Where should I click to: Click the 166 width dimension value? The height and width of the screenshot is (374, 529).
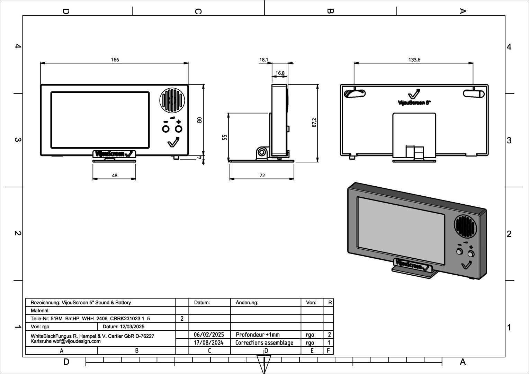pyautogui.click(x=115, y=60)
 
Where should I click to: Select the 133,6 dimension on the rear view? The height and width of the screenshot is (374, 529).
pyautogui.click(x=414, y=60)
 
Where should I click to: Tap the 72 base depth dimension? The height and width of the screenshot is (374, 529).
pyautogui.click(x=262, y=176)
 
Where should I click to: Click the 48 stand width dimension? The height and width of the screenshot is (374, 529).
pyautogui.click(x=115, y=176)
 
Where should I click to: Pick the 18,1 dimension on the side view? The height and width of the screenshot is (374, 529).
pyautogui.click(x=263, y=60)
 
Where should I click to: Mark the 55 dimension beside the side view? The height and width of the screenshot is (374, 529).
pyautogui.click(x=224, y=137)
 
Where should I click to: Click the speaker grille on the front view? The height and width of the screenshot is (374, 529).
pyautogui.click(x=171, y=100)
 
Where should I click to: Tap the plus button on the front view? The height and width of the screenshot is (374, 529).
pyautogui.click(x=178, y=129)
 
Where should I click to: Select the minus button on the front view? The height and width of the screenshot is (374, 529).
pyautogui.click(x=165, y=129)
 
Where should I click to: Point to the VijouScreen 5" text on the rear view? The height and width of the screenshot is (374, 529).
pyautogui.click(x=414, y=103)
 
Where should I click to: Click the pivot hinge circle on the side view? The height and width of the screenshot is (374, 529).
pyautogui.click(x=262, y=152)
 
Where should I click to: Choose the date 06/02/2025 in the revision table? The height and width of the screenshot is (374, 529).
pyautogui.click(x=209, y=335)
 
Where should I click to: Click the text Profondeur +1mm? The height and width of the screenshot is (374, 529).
pyautogui.click(x=258, y=335)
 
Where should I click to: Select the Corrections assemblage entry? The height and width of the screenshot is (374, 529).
pyautogui.click(x=264, y=342)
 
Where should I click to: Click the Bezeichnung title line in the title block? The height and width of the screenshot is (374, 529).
pyautogui.click(x=81, y=302)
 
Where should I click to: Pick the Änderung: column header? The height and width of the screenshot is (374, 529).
pyautogui.click(x=247, y=302)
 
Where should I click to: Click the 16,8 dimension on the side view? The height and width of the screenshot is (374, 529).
pyautogui.click(x=280, y=73)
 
